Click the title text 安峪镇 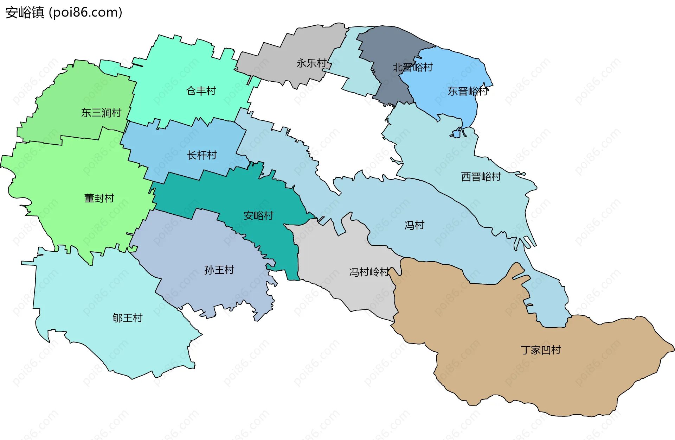tap(25, 13)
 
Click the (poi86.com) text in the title tap(85, 13)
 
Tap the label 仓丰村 tap(201, 91)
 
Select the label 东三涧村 tap(101, 113)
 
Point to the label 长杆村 tap(202, 155)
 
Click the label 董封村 tap(99, 199)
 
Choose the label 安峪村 tap(258, 215)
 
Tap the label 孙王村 tap(219, 270)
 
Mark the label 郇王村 tap(127, 318)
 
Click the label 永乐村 tap(311, 63)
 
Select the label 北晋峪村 tap(412, 67)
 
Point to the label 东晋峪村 tap(468, 92)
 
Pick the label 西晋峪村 tap(481, 177)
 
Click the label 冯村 tap(414, 225)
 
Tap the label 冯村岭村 tap(369, 272)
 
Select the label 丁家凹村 tap(541, 350)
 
